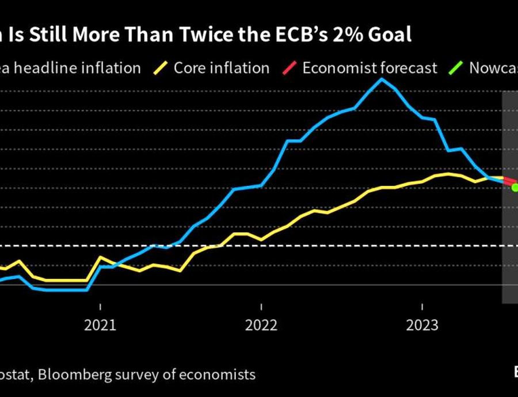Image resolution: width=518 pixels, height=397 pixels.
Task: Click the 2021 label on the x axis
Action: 100,326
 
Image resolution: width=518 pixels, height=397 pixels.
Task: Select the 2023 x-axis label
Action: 422,326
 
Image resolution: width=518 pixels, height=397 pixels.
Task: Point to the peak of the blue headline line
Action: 380,78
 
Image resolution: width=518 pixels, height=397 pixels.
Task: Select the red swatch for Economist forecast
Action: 290,68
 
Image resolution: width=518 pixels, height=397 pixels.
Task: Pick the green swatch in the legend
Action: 456,68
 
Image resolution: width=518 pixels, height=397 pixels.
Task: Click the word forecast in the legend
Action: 409,68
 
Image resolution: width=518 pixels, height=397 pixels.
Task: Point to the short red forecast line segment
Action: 509,182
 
